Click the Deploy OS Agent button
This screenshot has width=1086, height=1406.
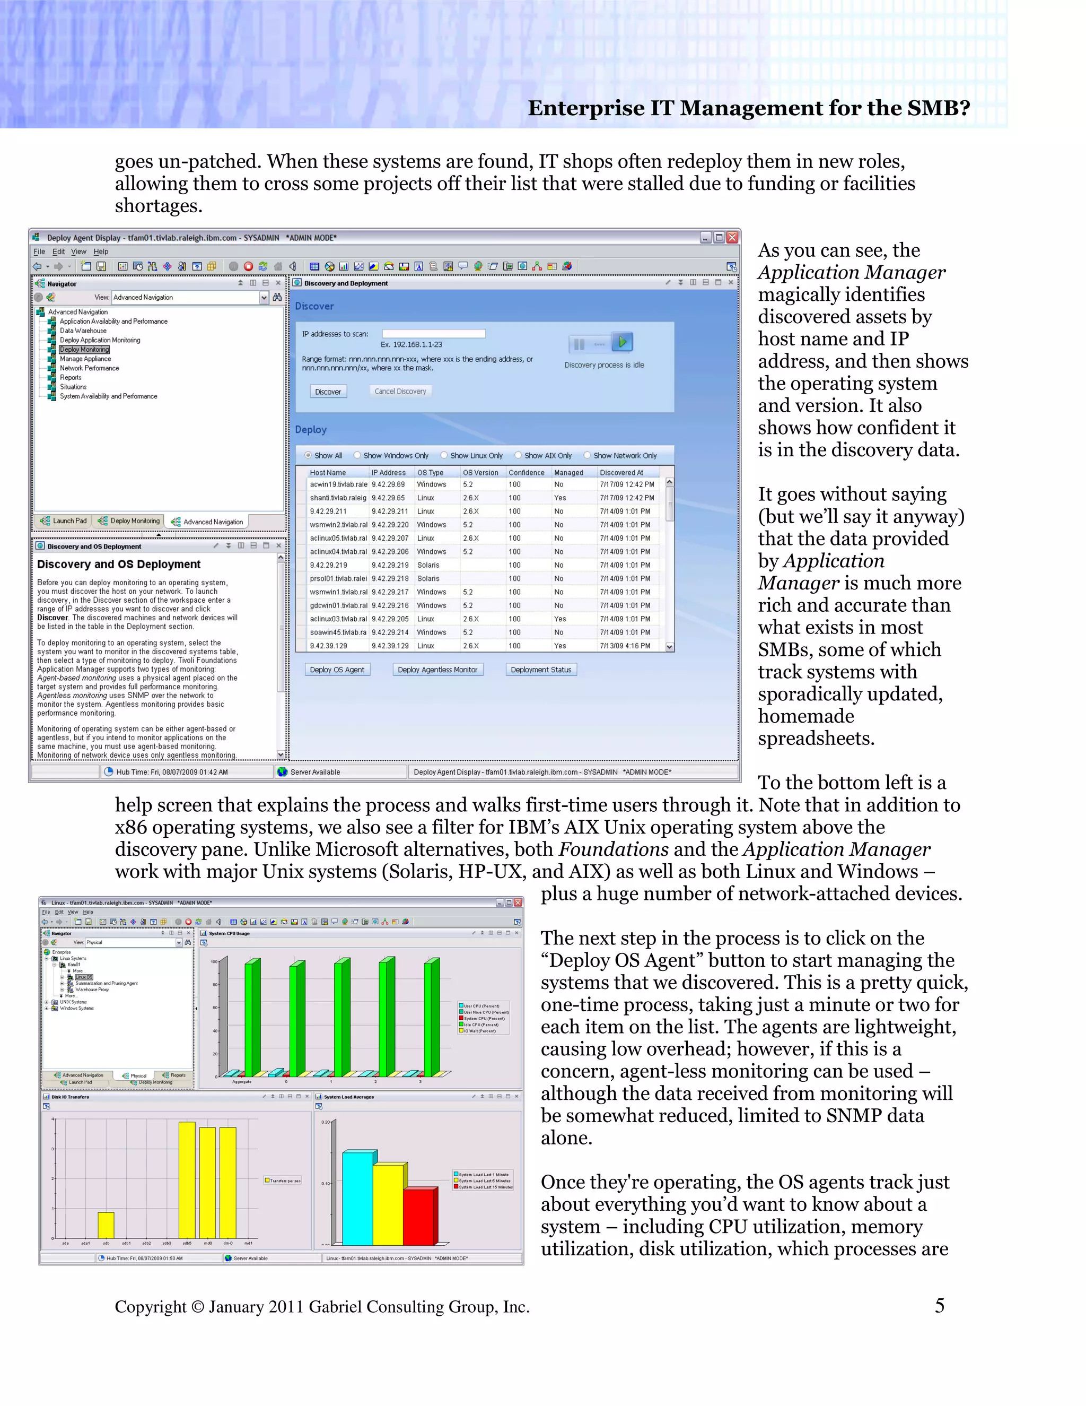(337, 670)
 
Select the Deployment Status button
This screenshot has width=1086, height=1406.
(540, 670)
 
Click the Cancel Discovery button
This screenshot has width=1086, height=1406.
(400, 392)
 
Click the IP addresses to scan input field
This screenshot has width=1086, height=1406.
(433, 334)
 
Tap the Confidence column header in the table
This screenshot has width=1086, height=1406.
(526, 473)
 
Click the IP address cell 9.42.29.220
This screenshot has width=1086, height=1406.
(390, 525)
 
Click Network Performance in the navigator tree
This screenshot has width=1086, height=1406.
(90, 368)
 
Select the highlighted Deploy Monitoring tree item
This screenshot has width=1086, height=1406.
(84, 350)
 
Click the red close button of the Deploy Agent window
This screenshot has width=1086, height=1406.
(732, 238)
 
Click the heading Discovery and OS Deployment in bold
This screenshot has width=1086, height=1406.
(118, 565)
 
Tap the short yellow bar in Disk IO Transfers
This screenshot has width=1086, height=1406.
(106, 1225)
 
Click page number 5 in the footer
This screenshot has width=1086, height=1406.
(939, 1306)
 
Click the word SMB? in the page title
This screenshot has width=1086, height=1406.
(938, 108)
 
